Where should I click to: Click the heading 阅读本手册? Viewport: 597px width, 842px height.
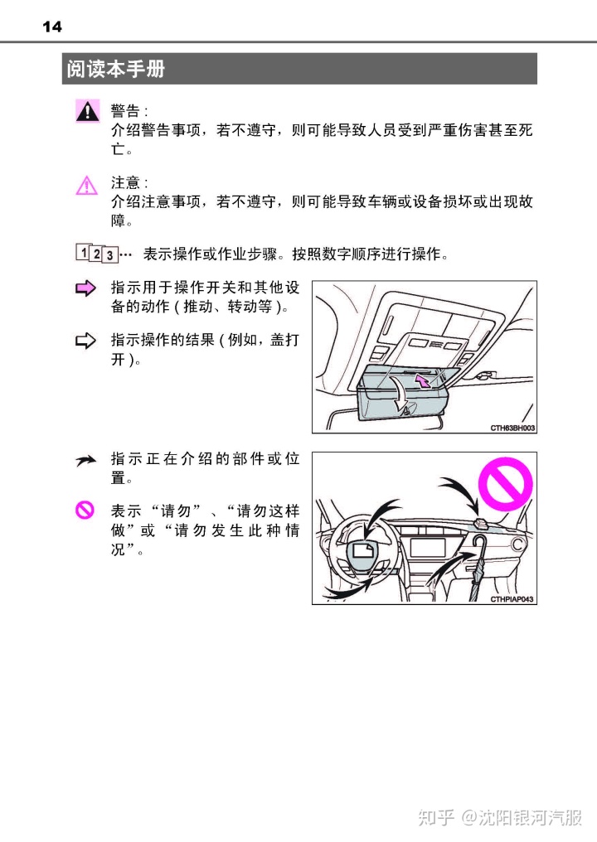click(116, 70)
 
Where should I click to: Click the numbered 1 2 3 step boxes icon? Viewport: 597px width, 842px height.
click(97, 253)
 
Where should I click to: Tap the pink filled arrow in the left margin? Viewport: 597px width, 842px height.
click(86, 288)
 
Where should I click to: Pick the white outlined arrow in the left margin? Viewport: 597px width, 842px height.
click(86, 339)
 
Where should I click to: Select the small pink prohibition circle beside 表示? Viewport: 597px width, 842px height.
click(85, 511)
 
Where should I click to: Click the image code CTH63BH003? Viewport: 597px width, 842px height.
click(512, 427)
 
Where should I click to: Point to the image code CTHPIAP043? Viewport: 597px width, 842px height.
click(512, 598)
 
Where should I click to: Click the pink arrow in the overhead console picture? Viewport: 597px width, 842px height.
click(424, 380)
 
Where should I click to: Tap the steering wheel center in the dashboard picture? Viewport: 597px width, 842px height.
click(365, 550)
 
